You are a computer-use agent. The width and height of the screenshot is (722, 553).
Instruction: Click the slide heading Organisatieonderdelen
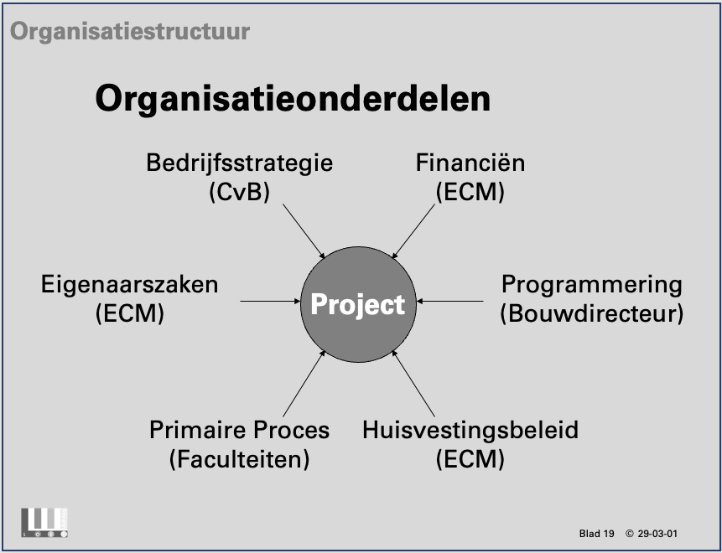click(x=293, y=99)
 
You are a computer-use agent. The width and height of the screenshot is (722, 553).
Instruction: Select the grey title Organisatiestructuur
click(x=130, y=32)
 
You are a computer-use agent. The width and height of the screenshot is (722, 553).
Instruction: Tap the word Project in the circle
click(x=358, y=305)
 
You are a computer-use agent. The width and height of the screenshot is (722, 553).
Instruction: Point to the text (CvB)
click(x=240, y=192)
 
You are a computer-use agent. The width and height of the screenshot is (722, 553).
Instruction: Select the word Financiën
click(x=470, y=163)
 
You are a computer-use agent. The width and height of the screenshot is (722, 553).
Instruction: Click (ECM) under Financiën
click(x=470, y=192)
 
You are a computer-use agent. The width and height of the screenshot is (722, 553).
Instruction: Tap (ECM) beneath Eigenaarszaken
click(x=130, y=313)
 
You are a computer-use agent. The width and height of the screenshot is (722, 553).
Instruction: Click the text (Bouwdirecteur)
click(x=592, y=313)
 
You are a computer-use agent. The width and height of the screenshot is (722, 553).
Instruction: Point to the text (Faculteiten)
click(x=240, y=459)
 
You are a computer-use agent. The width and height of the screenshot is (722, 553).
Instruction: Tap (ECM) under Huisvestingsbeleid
click(x=470, y=459)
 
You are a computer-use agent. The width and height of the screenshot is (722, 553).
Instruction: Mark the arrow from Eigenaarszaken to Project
click(x=270, y=302)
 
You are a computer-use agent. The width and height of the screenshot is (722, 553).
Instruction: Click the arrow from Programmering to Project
click(x=449, y=302)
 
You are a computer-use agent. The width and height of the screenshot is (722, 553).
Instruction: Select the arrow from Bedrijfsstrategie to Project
click(x=304, y=231)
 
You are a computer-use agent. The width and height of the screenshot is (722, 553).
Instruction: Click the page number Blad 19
click(x=596, y=534)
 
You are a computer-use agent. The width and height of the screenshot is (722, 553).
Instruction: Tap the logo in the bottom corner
click(x=44, y=523)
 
